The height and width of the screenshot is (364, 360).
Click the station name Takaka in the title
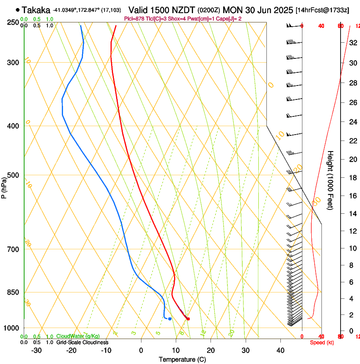[x=36, y=10]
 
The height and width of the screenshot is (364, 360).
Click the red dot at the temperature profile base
[x=188, y=319]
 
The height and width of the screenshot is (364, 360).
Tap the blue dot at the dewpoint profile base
[x=170, y=319]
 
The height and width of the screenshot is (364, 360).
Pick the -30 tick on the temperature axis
[x=36, y=350]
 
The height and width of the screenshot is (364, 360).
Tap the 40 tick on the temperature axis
[x=280, y=350]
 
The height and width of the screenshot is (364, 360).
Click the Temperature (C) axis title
[x=182, y=359]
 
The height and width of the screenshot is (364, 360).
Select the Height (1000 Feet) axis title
[x=330, y=180]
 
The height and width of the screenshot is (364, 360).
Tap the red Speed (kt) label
[x=322, y=342]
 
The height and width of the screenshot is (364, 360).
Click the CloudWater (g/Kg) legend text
[x=79, y=336]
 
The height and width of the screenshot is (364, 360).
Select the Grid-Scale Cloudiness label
[x=82, y=342]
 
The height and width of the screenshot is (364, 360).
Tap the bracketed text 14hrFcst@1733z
[x=322, y=10]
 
